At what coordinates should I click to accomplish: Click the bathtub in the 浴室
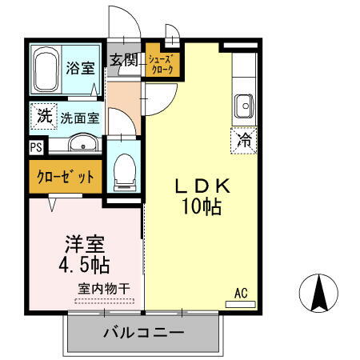[x=46, y=70]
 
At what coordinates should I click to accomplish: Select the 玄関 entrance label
[x=125, y=60]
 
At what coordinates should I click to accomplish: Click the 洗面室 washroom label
[x=80, y=118]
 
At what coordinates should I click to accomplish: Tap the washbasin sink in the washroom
[x=80, y=144]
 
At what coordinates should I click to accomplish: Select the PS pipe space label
[x=35, y=146]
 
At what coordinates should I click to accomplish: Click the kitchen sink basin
[x=243, y=104]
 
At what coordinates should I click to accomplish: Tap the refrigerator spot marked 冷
[x=243, y=141]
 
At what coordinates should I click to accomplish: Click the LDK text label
[x=203, y=187]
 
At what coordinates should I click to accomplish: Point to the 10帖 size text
[x=203, y=208]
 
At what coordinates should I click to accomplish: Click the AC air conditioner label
[x=241, y=293]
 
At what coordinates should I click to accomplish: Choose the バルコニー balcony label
[x=144, y=333]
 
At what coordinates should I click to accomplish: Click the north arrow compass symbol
[x=318, y=293]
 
